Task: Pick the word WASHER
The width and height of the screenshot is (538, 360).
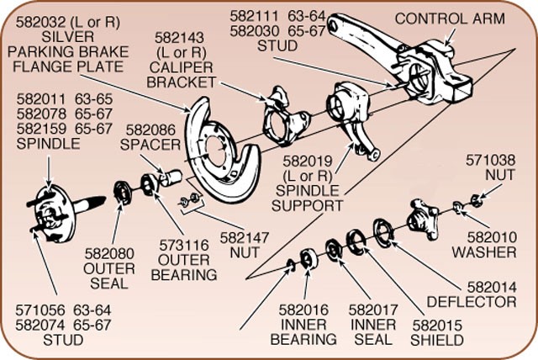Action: click(483, 251)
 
